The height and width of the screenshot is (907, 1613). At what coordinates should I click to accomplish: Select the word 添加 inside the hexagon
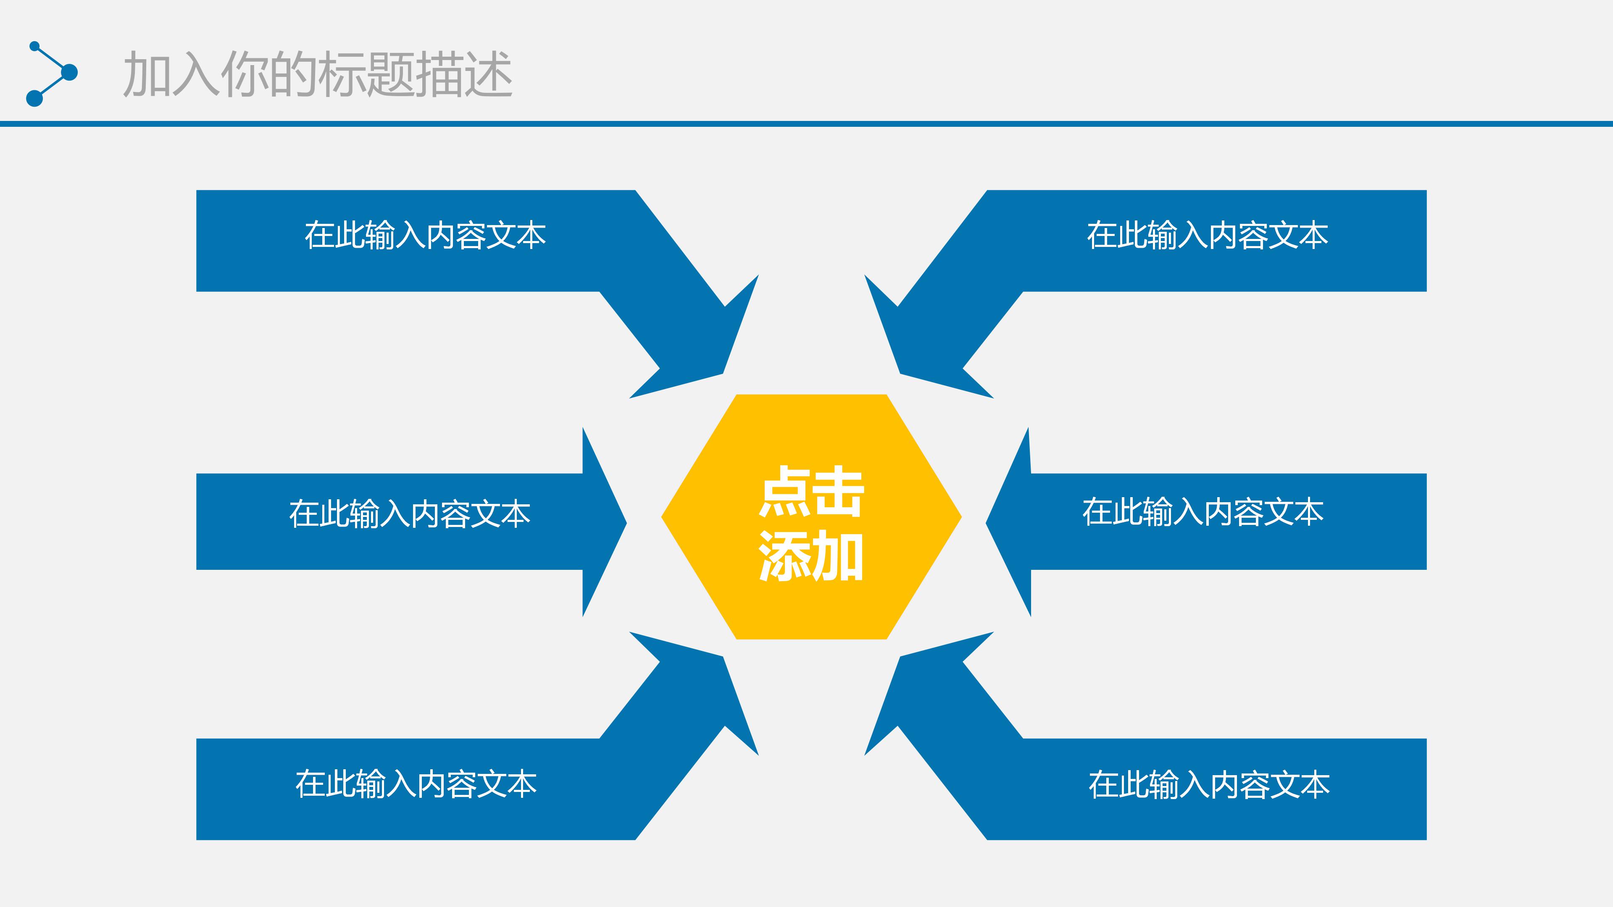(811, 557)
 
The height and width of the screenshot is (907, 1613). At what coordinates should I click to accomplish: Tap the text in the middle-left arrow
(410, 514)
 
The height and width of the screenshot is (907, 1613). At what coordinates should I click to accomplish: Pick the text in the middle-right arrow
(1203, 512)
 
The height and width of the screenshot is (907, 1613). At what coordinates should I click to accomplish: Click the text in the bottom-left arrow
(416, 784)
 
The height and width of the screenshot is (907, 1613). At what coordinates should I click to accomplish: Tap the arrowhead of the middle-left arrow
(601, 522)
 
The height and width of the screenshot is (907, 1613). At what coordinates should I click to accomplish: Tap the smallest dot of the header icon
(34, 46)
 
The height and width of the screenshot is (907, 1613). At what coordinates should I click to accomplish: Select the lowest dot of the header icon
(34, 98)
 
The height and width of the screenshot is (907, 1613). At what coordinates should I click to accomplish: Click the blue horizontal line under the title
(807, 124)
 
